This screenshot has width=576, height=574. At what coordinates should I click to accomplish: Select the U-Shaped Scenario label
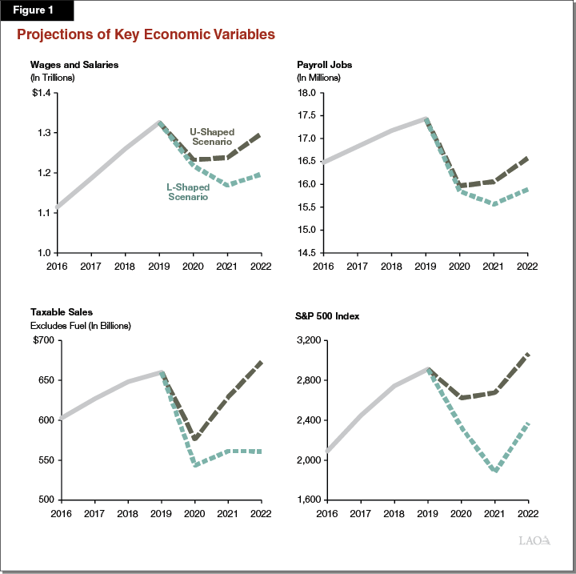(x=212, y=136)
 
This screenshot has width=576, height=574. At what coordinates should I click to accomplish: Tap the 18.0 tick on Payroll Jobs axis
(x=307, y=93)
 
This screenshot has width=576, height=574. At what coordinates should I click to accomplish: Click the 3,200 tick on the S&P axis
(x=306, y=340)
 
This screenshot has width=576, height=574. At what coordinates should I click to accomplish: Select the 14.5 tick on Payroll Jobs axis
(x=307, y=253)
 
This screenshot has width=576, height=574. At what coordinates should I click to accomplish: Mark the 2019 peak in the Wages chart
(x=159, y=122)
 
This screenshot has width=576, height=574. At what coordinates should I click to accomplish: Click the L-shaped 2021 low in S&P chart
(x=496, y=471)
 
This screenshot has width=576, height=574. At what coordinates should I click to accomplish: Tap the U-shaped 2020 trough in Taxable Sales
(x=194, y=439)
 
